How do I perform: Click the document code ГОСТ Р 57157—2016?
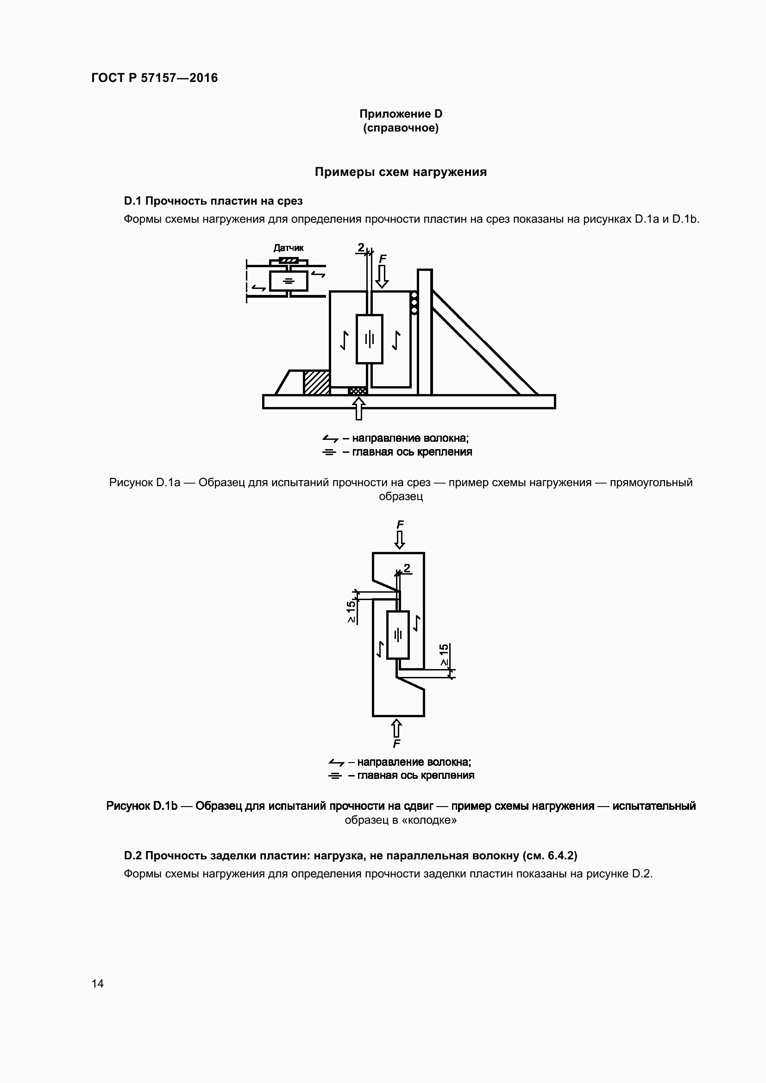tap(154, 78)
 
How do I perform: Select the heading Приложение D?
tap(401, 114)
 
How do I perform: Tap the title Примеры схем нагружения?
tap(401, 172)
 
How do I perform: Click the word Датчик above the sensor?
tap(288, 248)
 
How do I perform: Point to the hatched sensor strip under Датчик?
tap(288, 260)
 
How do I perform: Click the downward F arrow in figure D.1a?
tap(382, 277)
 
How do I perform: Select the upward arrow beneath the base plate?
tap(359, 408)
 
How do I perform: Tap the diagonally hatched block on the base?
tap(316, 382)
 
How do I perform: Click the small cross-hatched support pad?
tap(357, 391)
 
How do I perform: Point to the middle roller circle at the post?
tap(414, 302)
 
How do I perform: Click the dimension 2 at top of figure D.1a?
tap(361, 247)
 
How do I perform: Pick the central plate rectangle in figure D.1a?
tap(369, 338)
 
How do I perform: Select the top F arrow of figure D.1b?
tap(400, 539)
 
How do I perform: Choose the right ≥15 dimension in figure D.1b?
tap(444, 655)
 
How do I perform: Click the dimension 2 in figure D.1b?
tap(407, 568)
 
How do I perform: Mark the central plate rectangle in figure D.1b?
tap(398, 635)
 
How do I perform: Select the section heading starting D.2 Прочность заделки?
tap(350, 855)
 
